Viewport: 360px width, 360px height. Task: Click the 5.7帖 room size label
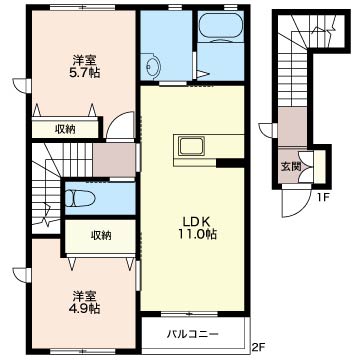[84, 72]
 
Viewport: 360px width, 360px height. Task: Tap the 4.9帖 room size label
[84, 308]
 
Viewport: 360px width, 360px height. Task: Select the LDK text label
[196, 221]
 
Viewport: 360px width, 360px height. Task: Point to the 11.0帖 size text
[197, 234]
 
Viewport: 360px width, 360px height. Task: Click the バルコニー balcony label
[193, 333]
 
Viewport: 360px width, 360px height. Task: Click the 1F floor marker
[323, 196]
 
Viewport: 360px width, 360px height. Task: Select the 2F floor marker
[258, 350]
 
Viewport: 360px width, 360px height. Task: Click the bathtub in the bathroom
[220, 25]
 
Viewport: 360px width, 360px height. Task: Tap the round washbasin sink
[154, 66]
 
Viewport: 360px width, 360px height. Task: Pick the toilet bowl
[79, 198]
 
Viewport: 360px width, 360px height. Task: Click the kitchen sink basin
[191, 146]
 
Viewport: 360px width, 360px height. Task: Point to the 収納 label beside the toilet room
[101, 236]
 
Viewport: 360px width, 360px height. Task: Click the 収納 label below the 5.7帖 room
[65, 129]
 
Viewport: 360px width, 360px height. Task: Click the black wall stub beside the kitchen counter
[230, 163]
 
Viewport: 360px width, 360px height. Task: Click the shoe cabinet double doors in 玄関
[306, 167]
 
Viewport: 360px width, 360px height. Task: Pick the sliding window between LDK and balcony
[189, 314]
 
